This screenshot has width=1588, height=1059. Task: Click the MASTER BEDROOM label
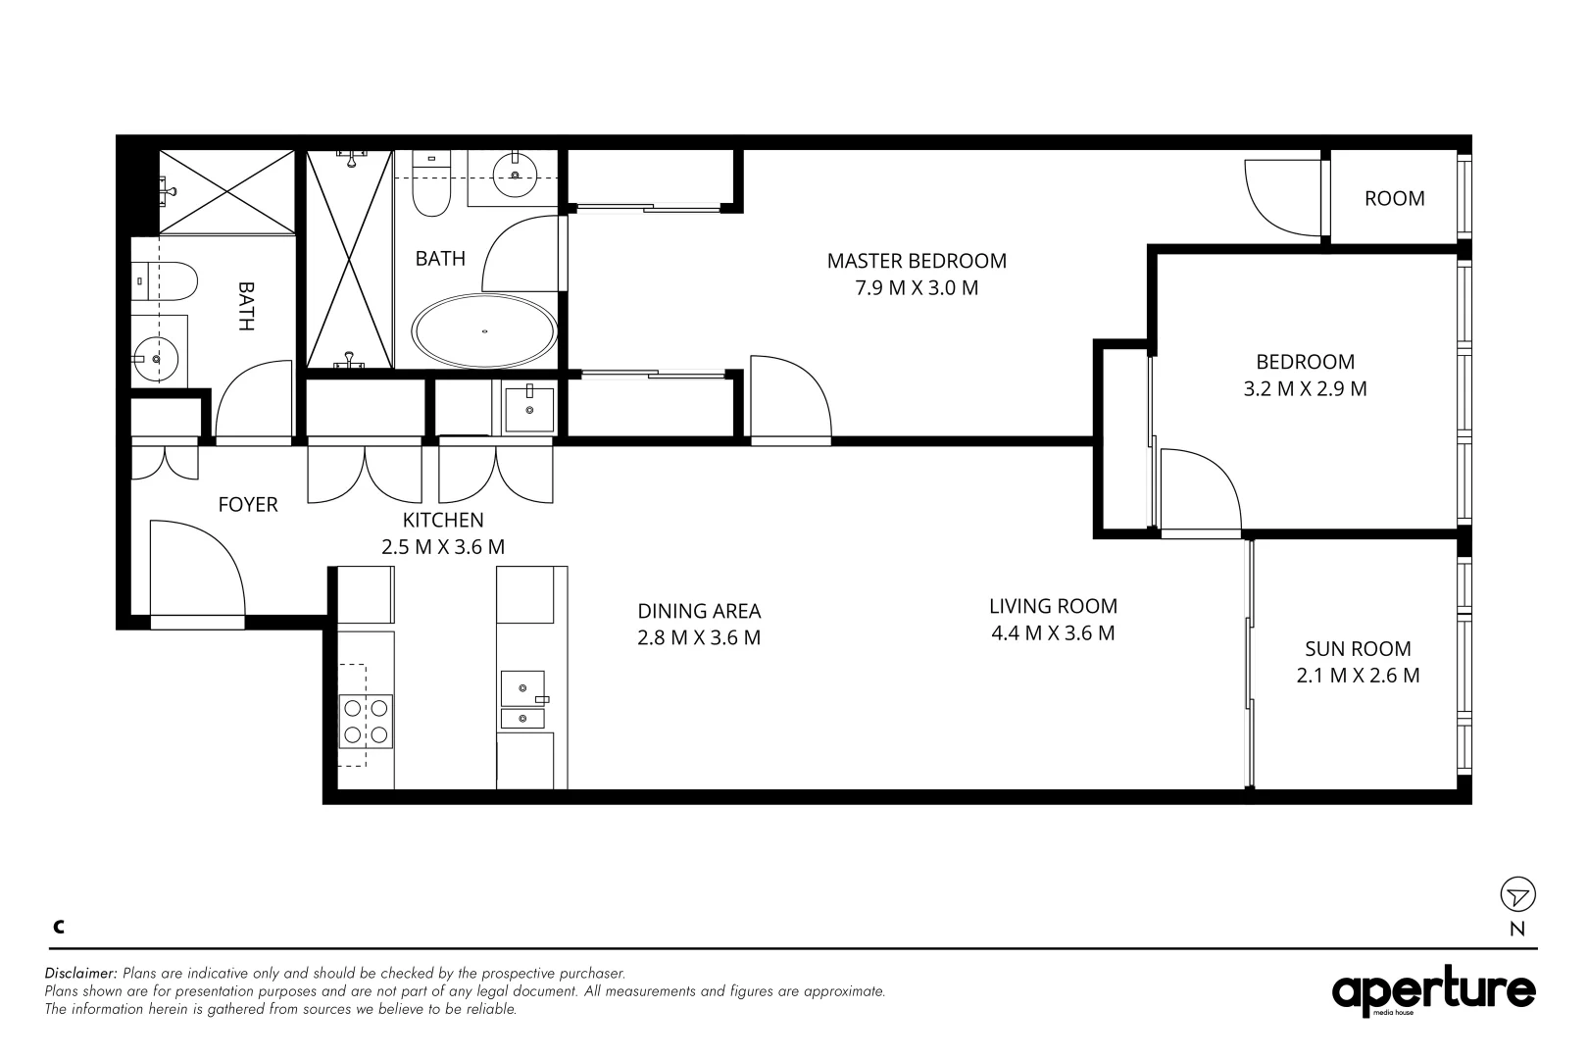917,261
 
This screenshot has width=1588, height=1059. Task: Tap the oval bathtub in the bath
484,330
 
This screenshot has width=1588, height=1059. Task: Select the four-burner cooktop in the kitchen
366,721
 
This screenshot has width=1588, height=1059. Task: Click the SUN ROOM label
1358,649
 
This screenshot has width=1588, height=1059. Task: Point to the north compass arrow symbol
1517,894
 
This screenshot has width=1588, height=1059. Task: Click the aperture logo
1433,991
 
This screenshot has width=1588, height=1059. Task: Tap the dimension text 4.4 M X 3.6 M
1053,633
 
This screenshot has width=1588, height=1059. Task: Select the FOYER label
248,505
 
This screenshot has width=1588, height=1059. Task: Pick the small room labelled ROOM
1394,198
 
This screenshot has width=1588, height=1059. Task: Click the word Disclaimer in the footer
80,974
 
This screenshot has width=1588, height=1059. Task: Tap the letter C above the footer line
59,927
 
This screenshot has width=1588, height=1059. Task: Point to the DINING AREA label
699,611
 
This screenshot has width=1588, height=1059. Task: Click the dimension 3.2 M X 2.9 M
1305,389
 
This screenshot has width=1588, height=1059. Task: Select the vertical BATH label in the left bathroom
245,306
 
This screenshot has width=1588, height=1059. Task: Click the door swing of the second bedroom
1198,490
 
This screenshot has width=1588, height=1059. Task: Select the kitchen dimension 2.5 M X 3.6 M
443,547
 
